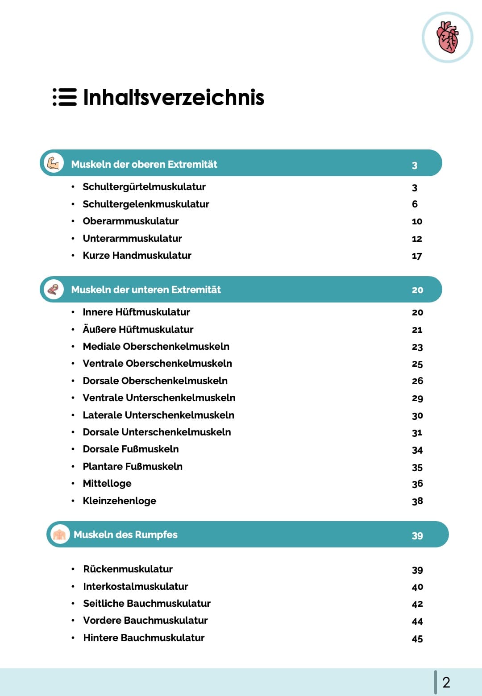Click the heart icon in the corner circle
(448, 37)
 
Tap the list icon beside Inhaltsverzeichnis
(65, 97)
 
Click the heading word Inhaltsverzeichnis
(174, 97)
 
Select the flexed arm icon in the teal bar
(54, 163)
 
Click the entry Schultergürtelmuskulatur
(144, 187)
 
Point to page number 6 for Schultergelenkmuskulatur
(415, 204)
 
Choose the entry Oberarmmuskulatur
(131, 221)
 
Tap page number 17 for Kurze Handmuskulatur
(417, 256)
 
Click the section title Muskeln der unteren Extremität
(146, 290)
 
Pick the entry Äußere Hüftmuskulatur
(138, 330)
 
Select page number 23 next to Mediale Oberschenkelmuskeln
(417, 347)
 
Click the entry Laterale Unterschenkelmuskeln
(158, 415)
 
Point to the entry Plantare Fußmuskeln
(133, 467)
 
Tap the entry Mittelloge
(107, 484)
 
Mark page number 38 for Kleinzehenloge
(417, 501)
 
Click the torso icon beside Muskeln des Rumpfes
(59, 534)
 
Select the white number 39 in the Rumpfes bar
(417, 535)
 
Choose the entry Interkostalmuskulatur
(136, 587)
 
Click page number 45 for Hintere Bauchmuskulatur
(417, 639)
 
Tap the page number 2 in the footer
(446, 682)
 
